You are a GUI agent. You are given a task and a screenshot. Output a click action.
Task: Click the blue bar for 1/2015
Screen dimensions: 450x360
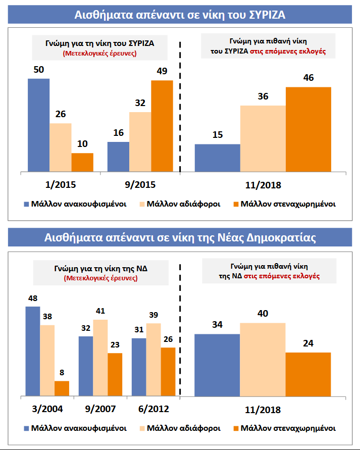pos(38,125)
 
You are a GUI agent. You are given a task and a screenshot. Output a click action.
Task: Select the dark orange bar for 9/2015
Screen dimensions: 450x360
pos(162,126)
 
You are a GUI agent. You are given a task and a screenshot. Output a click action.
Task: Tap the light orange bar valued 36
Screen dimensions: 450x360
pos(263,138)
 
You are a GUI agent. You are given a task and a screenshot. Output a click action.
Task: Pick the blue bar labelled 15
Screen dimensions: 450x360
pos(218,158)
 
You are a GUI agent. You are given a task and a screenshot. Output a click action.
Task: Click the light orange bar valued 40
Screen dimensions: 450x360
pos(263,359)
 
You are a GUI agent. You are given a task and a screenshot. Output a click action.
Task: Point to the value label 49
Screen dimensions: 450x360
pos(162,71)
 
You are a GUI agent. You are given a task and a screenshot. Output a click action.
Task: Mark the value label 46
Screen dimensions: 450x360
pos(308,78)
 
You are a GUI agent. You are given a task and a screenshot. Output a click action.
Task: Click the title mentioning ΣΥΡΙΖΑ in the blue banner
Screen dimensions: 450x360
pos(180,15)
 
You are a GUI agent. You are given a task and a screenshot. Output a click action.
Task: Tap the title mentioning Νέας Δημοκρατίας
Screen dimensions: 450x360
pos(180,238)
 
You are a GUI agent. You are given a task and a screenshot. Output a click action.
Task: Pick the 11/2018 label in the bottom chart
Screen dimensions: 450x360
pos(262,410)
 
